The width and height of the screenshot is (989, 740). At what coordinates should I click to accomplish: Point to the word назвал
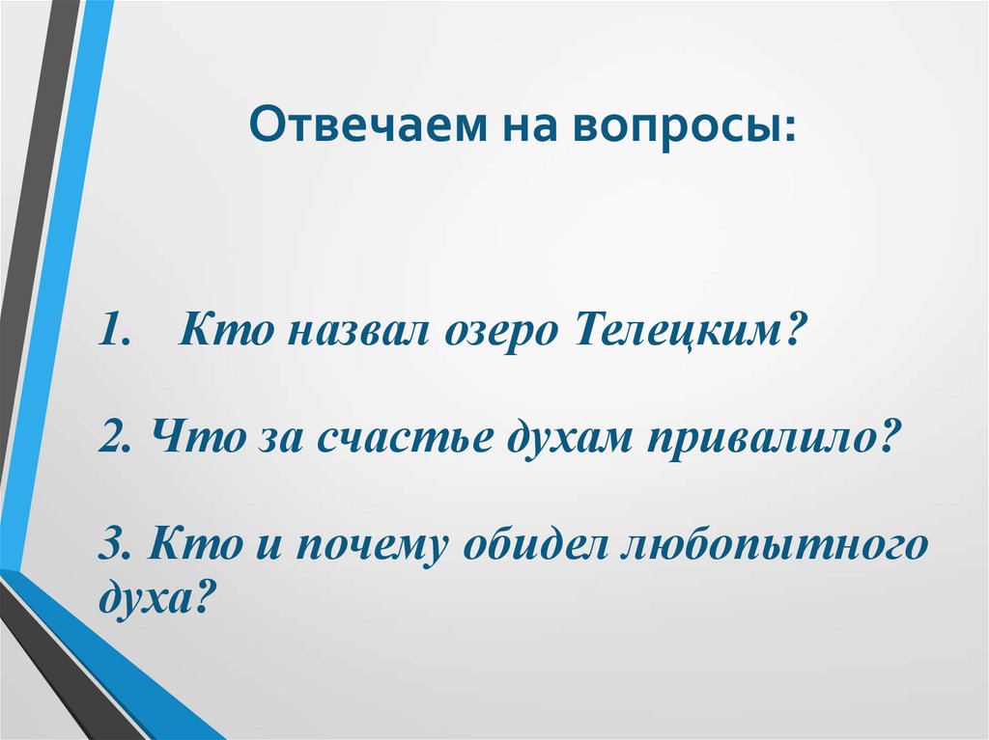click(x=353, y=333)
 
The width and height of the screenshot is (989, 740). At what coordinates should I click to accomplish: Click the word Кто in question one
click(x=223, y=333)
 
